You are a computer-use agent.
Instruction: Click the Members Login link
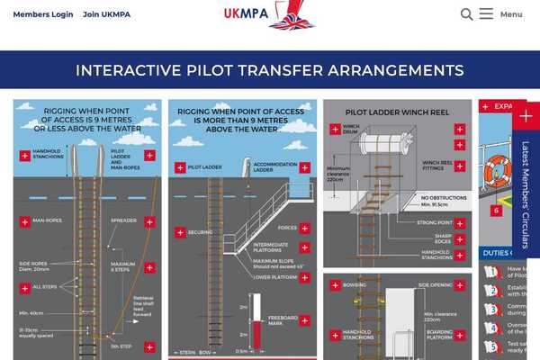[43, 14]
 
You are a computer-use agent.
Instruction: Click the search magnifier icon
[466, 14]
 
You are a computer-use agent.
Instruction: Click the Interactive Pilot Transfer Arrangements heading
[270, 70]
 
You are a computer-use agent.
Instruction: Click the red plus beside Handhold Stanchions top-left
[24, 155]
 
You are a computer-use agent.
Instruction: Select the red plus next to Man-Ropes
[24, 221]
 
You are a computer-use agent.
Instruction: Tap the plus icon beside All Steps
[24, 288]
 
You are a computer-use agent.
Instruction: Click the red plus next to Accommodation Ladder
[305, 167]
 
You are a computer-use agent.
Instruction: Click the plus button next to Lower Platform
[305, 277]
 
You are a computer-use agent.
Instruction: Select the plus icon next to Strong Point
[460, 223]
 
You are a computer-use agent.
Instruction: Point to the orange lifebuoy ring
[498, 171]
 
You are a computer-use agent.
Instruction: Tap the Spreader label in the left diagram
[123, 220]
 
